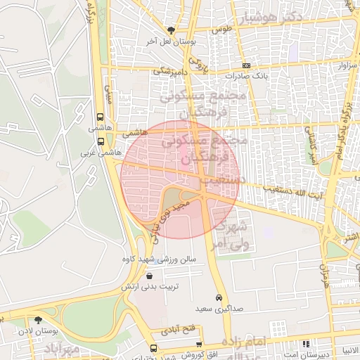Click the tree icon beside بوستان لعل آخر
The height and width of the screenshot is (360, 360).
pyautogui.click(x=171, y=30)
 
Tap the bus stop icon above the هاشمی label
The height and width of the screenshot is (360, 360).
pyautogui.click(x=101, y=118)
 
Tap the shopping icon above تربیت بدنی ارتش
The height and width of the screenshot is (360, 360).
pyautogui.click(x=167, y=275)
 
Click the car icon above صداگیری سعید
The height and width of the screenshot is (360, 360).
pyautogui.click(x=219, y=297)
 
